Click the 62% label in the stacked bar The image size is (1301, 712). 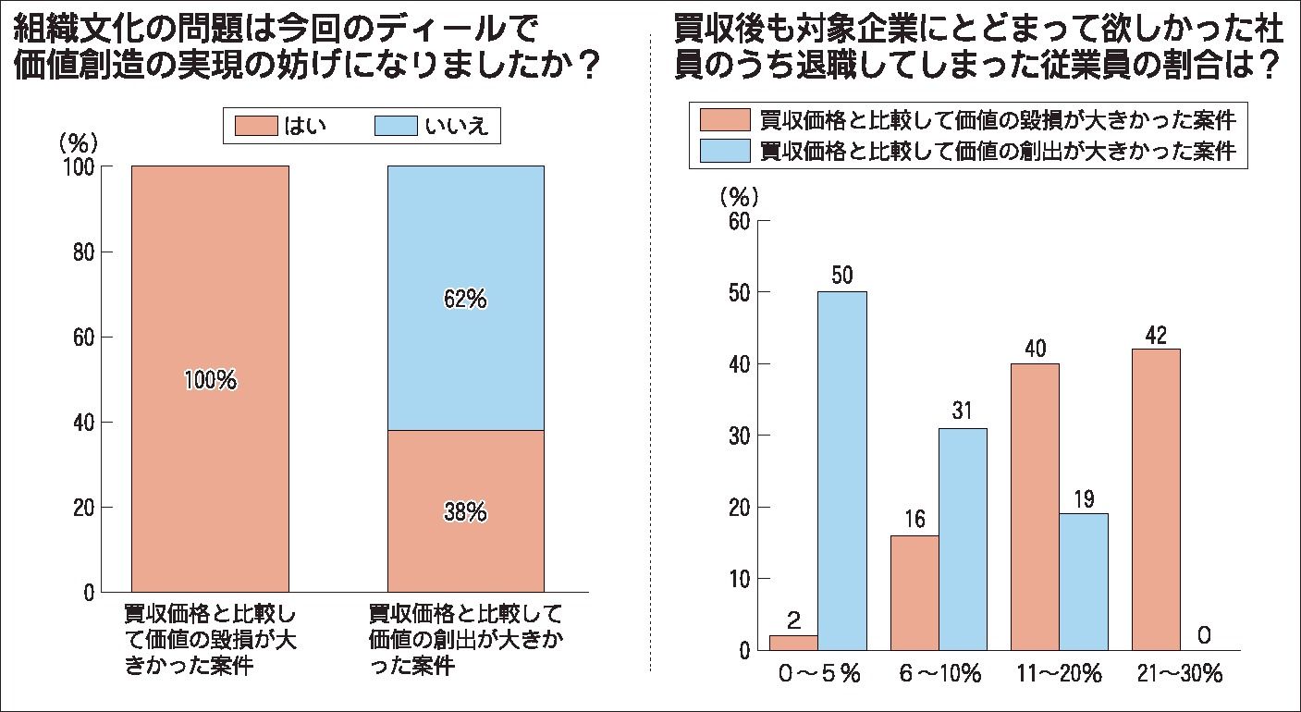[x=464, y=300]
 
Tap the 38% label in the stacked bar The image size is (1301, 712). [x=464, y=512]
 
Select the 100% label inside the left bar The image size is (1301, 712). [x=210, y=379]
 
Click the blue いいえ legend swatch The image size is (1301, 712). [x=393, y=128]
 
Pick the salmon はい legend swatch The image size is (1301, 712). [x=254, y=128]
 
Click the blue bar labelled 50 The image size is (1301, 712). [x=842, y=472]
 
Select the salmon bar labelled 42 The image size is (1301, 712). [x=1156, y=499]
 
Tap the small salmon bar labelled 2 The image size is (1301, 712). [x=793, y=643]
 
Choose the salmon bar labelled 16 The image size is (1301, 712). [x=914, y=593]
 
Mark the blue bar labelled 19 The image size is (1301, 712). [x=1084, y=582]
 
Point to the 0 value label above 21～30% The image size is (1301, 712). [x=1204, y=635]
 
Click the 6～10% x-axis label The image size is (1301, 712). [x=939, y=674]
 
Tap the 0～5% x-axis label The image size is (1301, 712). [x=818, y=674]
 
